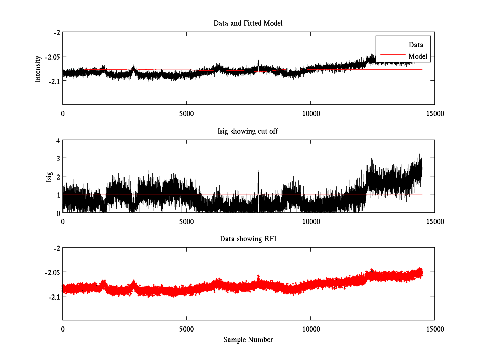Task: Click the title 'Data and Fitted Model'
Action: [x=248, y=23]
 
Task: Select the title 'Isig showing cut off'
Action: [x=248, y=131]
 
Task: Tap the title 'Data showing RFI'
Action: [x=248, y=239]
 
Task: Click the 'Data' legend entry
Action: [x=416, y=44]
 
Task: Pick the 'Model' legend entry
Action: [x=418, y=56]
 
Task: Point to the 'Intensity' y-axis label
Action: [x=38, y=68]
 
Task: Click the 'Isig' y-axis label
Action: [x=49, y=176]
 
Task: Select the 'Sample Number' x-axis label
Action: [x=248, y=340]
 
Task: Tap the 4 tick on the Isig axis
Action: [x=58, y=140]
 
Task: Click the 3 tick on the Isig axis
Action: [x=58, y=158]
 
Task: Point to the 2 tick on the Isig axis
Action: [x=58, y=176]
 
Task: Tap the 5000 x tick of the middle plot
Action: [x=187, y=221]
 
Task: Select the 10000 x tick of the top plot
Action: [x=311, y=113]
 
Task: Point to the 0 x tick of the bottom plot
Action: [x=63, y=329]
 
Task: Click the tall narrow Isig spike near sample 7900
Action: [x=258, y=176]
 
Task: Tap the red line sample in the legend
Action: [x=392, y=56]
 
